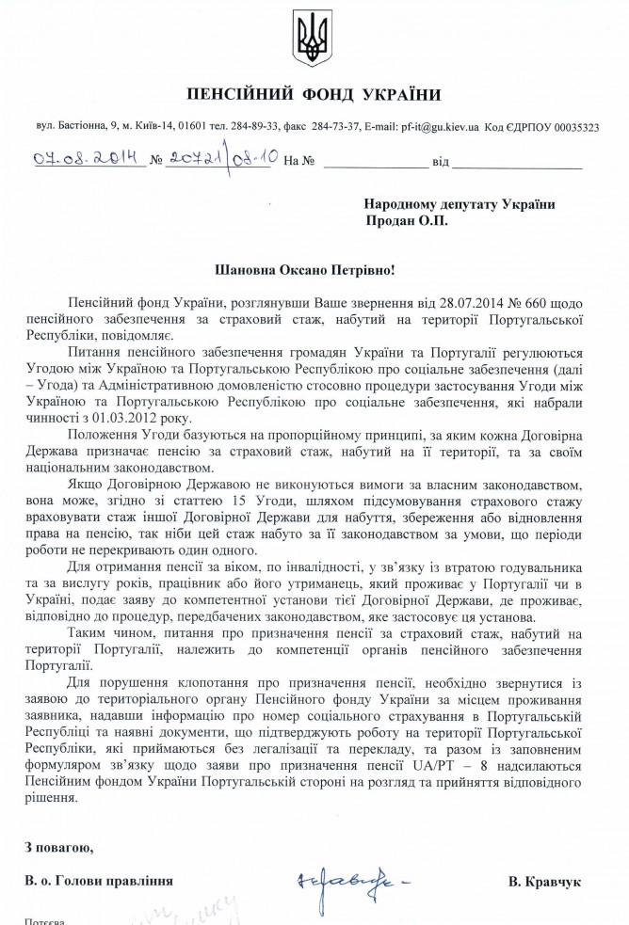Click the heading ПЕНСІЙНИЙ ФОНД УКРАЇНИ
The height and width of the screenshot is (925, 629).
click(x=314, y=95)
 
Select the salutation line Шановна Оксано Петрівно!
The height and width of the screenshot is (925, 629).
click(x=314, y=268)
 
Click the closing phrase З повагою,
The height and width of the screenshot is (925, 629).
click(x=59, y=850)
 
